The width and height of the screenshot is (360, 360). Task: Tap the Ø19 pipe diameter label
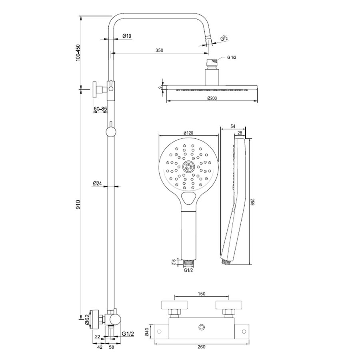coord(127,36)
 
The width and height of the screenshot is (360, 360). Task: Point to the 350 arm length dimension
coord(160,50)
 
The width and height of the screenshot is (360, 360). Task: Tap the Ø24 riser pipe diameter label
coord(97,183)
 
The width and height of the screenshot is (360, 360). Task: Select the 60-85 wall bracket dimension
coord(100,109)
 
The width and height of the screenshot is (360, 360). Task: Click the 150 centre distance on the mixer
coord(202,294)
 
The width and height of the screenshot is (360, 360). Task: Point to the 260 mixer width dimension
coord(202,347)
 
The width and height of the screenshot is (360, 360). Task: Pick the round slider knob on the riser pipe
coord(110,132)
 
